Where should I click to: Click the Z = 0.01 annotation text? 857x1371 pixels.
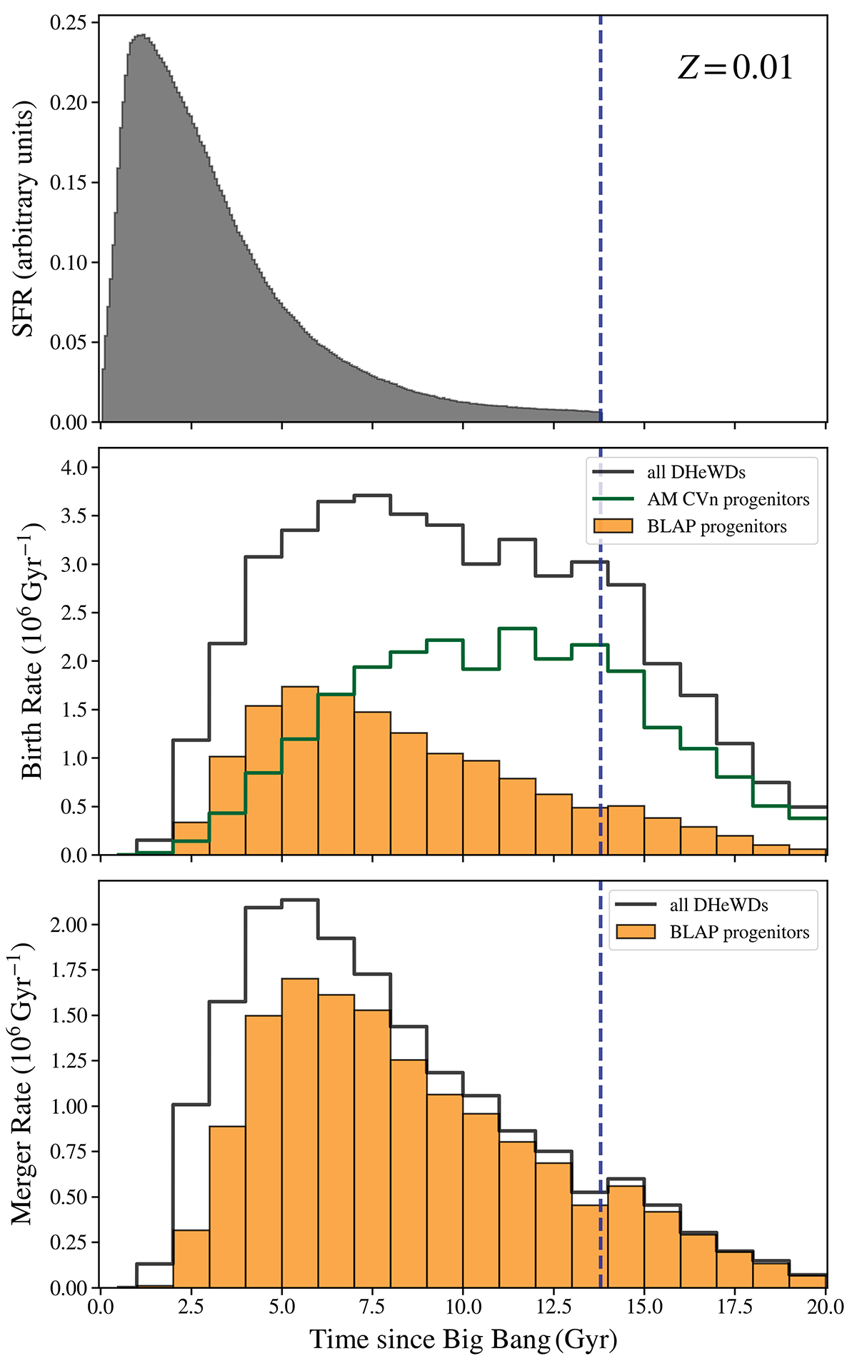tap(735, 69)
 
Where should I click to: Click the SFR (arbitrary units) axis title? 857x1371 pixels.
tap(24, 221)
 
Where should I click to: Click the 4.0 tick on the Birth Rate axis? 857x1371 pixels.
tap(72, 468)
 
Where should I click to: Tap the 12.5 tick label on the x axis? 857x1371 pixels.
tap(553, 1306)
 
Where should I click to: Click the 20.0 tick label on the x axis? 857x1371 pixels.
tap(826, 1306)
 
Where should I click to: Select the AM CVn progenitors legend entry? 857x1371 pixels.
tap(728, 499)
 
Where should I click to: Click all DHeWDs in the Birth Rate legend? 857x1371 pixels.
tap(696, 472)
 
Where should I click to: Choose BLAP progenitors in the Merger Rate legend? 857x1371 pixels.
tap(739, 932)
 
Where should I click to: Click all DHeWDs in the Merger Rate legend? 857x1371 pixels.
tap(718, 905)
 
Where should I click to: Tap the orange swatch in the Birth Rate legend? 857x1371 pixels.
tap(613, 526)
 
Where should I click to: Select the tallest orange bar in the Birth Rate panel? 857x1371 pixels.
tap(300, 771)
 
